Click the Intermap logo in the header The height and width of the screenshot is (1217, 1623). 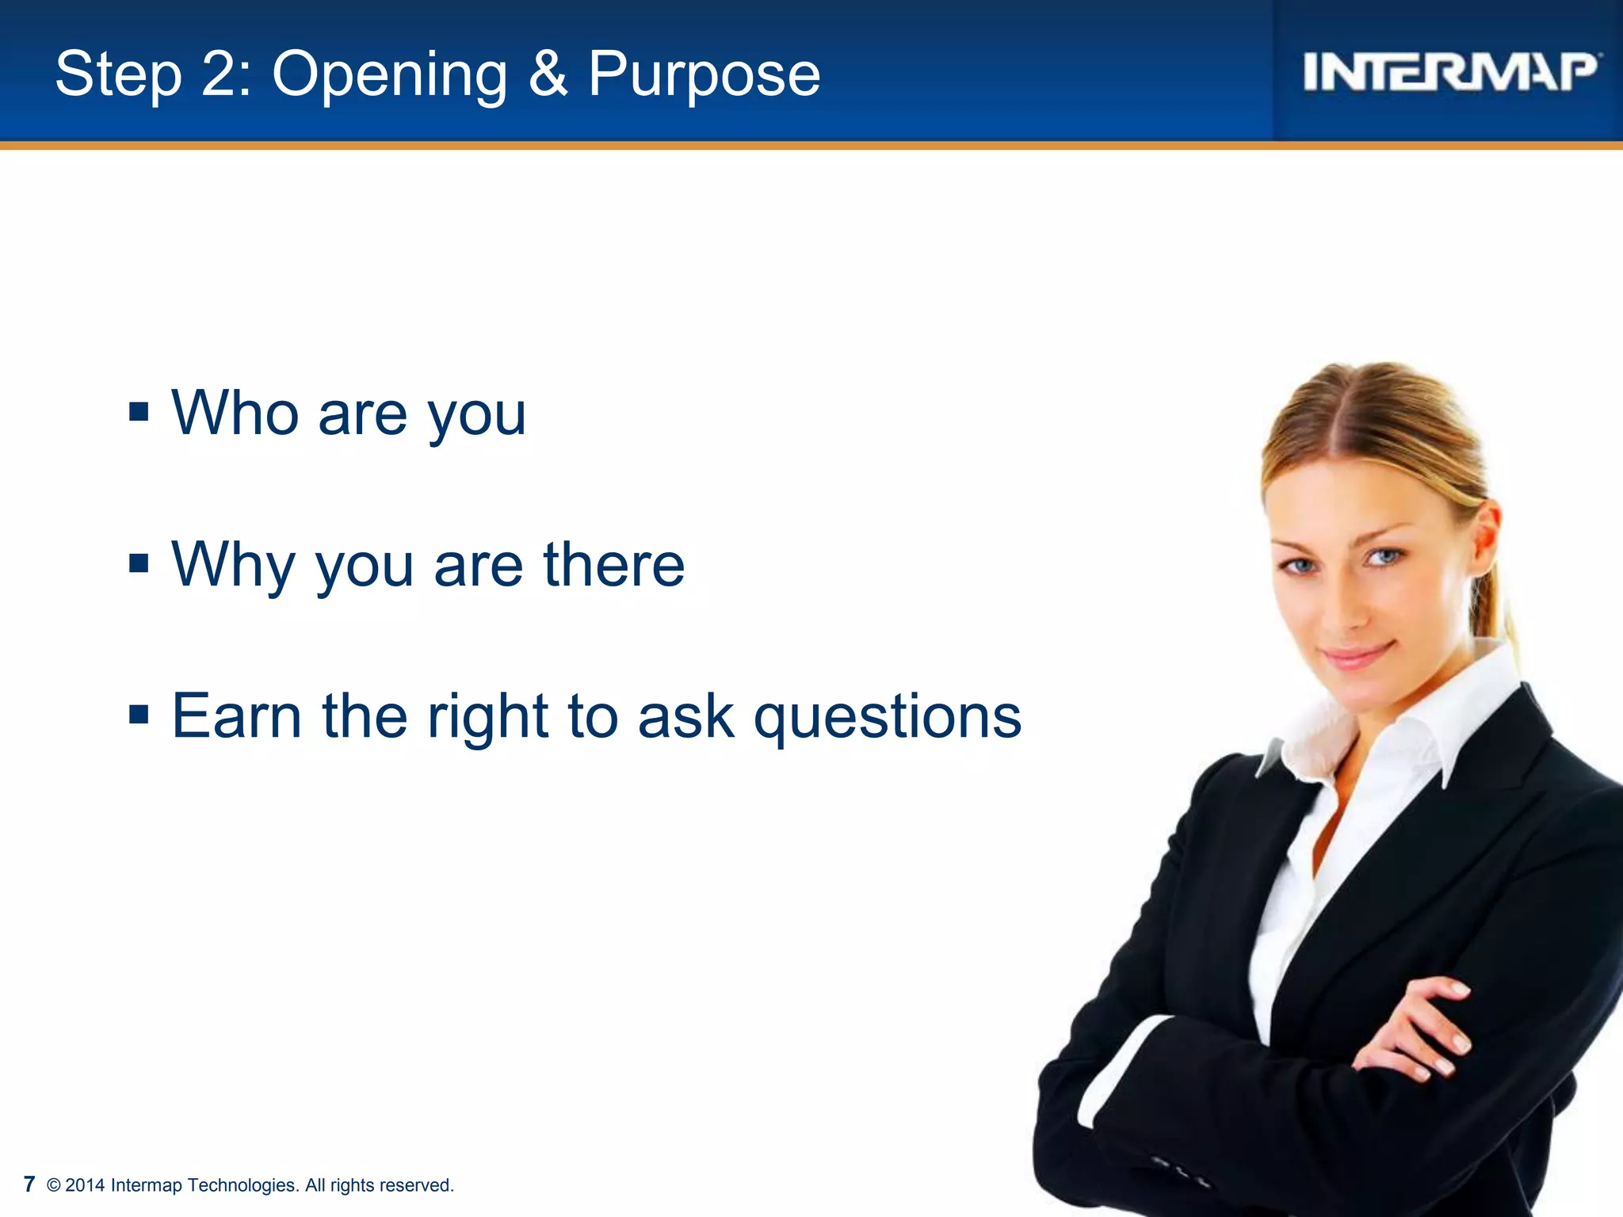coord(1450,73)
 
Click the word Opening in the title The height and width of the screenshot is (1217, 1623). coord(389,74)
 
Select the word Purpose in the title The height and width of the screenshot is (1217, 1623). coord(704,74)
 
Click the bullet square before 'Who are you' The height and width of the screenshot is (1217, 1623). coord(139,412)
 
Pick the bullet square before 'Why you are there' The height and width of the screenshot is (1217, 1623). coord(139,563)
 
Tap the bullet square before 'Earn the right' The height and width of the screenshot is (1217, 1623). coord(139,715)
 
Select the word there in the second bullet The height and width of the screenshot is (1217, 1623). coord(613,564)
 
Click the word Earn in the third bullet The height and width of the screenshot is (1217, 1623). coord(237,715)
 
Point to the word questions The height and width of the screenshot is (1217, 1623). coord(888,717)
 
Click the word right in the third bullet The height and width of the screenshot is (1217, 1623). coord(487,717)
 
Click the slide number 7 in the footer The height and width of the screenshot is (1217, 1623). coord(29,1185)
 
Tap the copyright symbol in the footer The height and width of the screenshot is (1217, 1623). coord(54,1185)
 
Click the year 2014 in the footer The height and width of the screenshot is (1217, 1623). coord(85,1185)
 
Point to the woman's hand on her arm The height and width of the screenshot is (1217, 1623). coord(1419,1030)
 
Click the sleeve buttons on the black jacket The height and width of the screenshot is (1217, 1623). coord(1181,1171)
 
